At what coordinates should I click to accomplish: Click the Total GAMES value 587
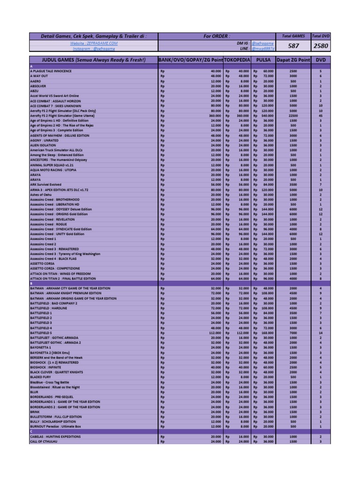293,46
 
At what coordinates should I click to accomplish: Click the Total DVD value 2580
321,46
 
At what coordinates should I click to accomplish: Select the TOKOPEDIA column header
237,60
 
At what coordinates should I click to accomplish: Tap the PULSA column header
263,60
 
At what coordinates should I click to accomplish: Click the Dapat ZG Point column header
293,60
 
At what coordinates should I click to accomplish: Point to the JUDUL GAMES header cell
94,60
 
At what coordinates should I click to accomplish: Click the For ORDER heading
217,36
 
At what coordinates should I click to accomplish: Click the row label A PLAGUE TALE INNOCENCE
51,71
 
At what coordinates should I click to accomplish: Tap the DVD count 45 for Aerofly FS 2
321,115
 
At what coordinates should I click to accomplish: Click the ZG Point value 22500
293,115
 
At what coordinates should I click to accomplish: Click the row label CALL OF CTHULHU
45,442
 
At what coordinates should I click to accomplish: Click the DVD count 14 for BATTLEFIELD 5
321,333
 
